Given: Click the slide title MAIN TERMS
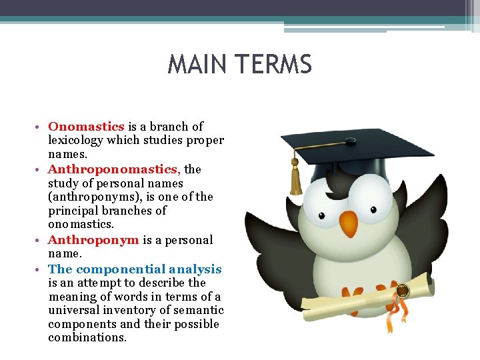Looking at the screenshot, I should [x=240, y=65].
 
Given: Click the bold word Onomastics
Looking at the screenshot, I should [x=87, y=126].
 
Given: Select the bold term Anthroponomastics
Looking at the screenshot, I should [x=115, y=169].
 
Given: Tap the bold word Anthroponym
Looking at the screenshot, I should [x=93, y=240].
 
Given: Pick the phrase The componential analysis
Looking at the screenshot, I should [x=135, y=269].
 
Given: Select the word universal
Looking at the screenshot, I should [x=71, y=310].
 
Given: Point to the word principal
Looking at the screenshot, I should [x=73, y=211].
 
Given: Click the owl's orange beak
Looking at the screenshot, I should [x=348, y=224].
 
